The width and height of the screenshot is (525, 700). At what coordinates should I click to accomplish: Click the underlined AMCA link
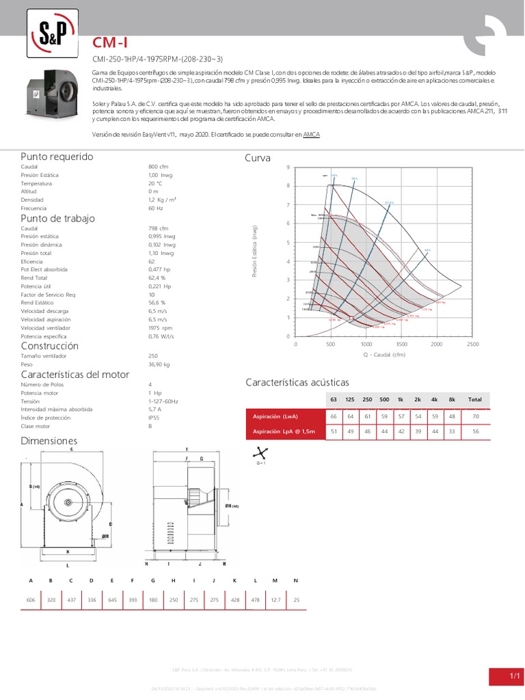click(311, 135)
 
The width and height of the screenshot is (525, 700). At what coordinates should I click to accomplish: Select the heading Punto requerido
click(57, 157)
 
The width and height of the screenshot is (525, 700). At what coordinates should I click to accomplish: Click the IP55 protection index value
click(153, 418)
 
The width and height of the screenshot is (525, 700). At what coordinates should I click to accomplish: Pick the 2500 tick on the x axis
click(472, 345)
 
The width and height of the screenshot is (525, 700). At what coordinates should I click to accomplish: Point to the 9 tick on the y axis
click(288, 167)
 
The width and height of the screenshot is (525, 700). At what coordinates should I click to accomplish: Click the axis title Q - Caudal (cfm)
click(383, 355)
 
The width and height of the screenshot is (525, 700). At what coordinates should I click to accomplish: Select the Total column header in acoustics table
click(474, 399)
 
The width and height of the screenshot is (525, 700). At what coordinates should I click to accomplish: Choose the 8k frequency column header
click(452, 399)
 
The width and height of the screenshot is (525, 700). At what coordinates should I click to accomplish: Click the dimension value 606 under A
click(31, 601)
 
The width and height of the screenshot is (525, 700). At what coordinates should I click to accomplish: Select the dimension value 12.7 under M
click(275, 601)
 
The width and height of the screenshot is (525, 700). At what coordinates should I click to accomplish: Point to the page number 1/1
click(514, 676)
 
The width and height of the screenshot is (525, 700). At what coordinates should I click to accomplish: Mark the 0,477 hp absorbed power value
click(159, 269)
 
